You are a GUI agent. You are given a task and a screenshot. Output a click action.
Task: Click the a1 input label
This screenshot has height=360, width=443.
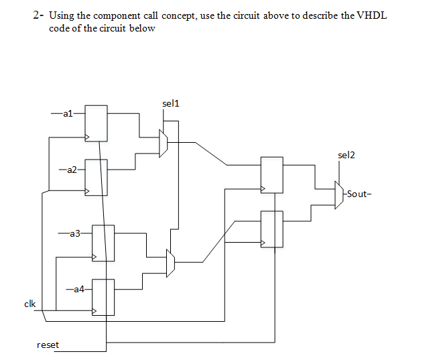[67, 114]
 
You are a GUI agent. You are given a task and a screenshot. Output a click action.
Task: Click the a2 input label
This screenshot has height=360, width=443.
[72, 169]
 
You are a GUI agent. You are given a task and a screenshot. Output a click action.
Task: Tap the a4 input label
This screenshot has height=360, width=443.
[78, 289]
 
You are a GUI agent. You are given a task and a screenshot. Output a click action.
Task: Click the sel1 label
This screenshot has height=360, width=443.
[171, 103]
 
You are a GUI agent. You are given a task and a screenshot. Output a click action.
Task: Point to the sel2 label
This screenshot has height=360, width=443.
[346, 155]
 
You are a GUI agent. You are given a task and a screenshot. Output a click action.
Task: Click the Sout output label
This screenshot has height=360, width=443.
[357, 194]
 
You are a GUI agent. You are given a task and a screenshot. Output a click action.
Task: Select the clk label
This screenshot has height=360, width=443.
[29, 304]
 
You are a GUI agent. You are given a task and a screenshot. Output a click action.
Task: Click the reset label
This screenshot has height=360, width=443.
[48, 345]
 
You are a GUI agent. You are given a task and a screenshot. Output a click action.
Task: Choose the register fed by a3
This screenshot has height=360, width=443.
[103, 243]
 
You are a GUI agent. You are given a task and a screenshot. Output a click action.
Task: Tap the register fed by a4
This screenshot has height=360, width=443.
[103, 297]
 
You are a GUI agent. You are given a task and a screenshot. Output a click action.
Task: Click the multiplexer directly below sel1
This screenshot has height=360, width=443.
[163, 142]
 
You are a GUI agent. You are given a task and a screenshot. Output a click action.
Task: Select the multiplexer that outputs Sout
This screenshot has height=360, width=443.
[339, 194]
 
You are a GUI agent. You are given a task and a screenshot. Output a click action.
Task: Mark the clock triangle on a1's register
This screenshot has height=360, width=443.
[86, 137]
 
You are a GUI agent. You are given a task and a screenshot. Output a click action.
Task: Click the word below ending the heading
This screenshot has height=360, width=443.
[144, 28]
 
